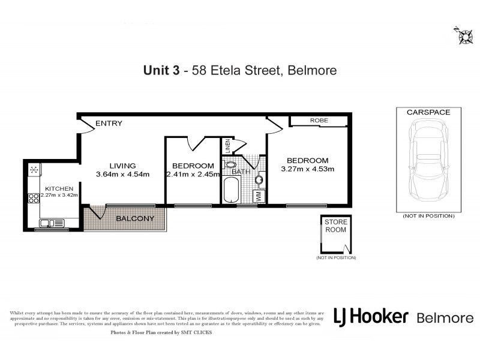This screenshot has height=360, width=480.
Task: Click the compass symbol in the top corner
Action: point(463,35)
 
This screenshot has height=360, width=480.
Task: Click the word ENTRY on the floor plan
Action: point(109,124)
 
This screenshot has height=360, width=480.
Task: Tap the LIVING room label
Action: point(122,166)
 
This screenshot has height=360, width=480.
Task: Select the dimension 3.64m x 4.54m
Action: point(122,175)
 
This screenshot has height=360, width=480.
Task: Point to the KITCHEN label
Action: point(59,188)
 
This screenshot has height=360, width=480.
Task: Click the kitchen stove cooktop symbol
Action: point(34,170)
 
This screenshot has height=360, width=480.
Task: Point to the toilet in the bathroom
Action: point(230,164)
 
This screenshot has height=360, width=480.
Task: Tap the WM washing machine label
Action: point(259,196)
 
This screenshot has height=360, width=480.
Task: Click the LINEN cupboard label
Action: point(227,146)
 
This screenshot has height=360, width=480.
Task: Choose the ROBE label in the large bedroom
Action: point(319,121)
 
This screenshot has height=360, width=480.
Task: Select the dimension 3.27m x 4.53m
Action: point(307,169)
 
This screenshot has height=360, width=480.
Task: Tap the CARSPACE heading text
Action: point(428,112)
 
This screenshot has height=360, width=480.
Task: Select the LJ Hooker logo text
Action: point(371,317)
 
